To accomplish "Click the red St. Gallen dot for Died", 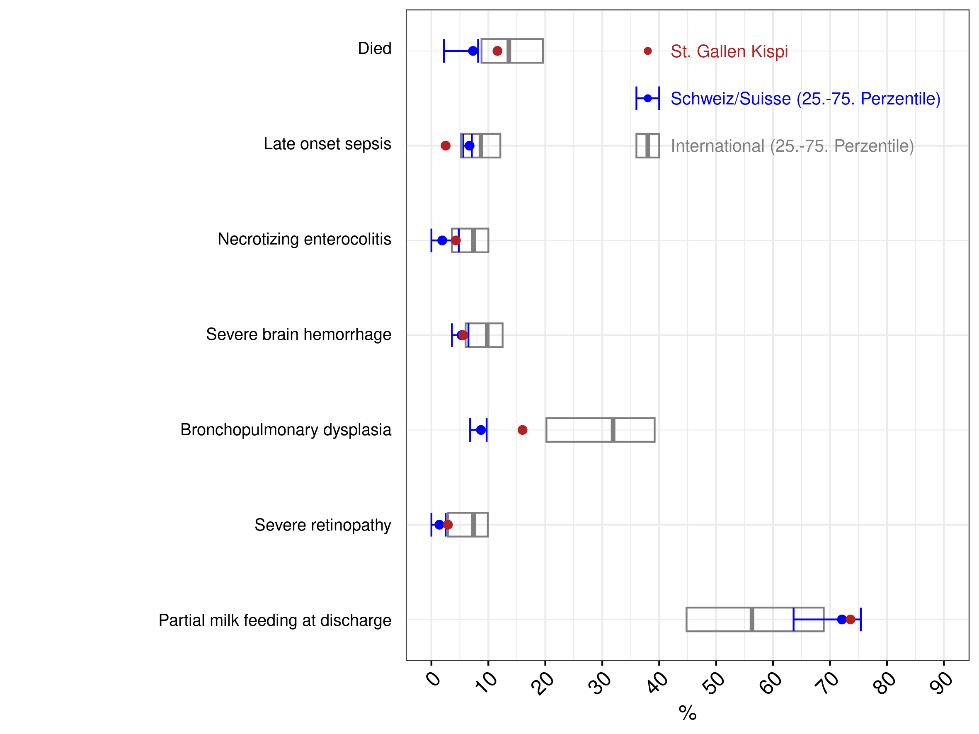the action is click(497, 51).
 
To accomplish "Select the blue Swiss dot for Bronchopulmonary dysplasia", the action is click(481, 430).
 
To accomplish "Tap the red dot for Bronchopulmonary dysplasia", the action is click(522, 430).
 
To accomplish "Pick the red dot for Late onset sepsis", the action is click(446, 145).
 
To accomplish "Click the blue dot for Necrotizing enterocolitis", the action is click(442, 240).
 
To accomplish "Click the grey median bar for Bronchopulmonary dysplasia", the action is click(613, 430).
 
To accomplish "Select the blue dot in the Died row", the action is click(473, 51).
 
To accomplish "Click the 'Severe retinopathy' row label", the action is click(322, 525).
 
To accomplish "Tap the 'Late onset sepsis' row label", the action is click(327, 144).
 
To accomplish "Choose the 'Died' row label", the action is click(374, 48).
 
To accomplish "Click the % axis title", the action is click(688, 713).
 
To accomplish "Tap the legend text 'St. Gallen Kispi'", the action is click(729, 51).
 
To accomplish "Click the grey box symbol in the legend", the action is click(647, 145).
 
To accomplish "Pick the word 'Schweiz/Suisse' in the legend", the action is click(731, 99).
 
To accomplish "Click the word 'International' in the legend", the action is click(717, 146).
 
